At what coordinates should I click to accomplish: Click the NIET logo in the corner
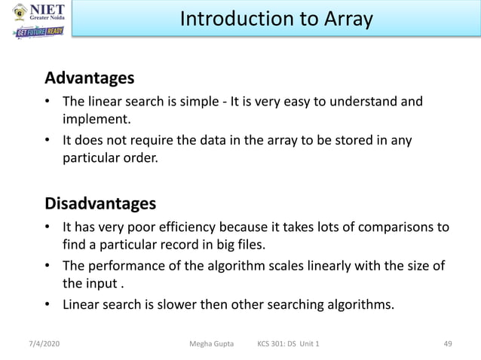38,13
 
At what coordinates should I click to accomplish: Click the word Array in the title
346,19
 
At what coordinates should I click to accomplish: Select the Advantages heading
90,78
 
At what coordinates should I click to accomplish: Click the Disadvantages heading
101,203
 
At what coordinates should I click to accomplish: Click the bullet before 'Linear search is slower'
47,305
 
